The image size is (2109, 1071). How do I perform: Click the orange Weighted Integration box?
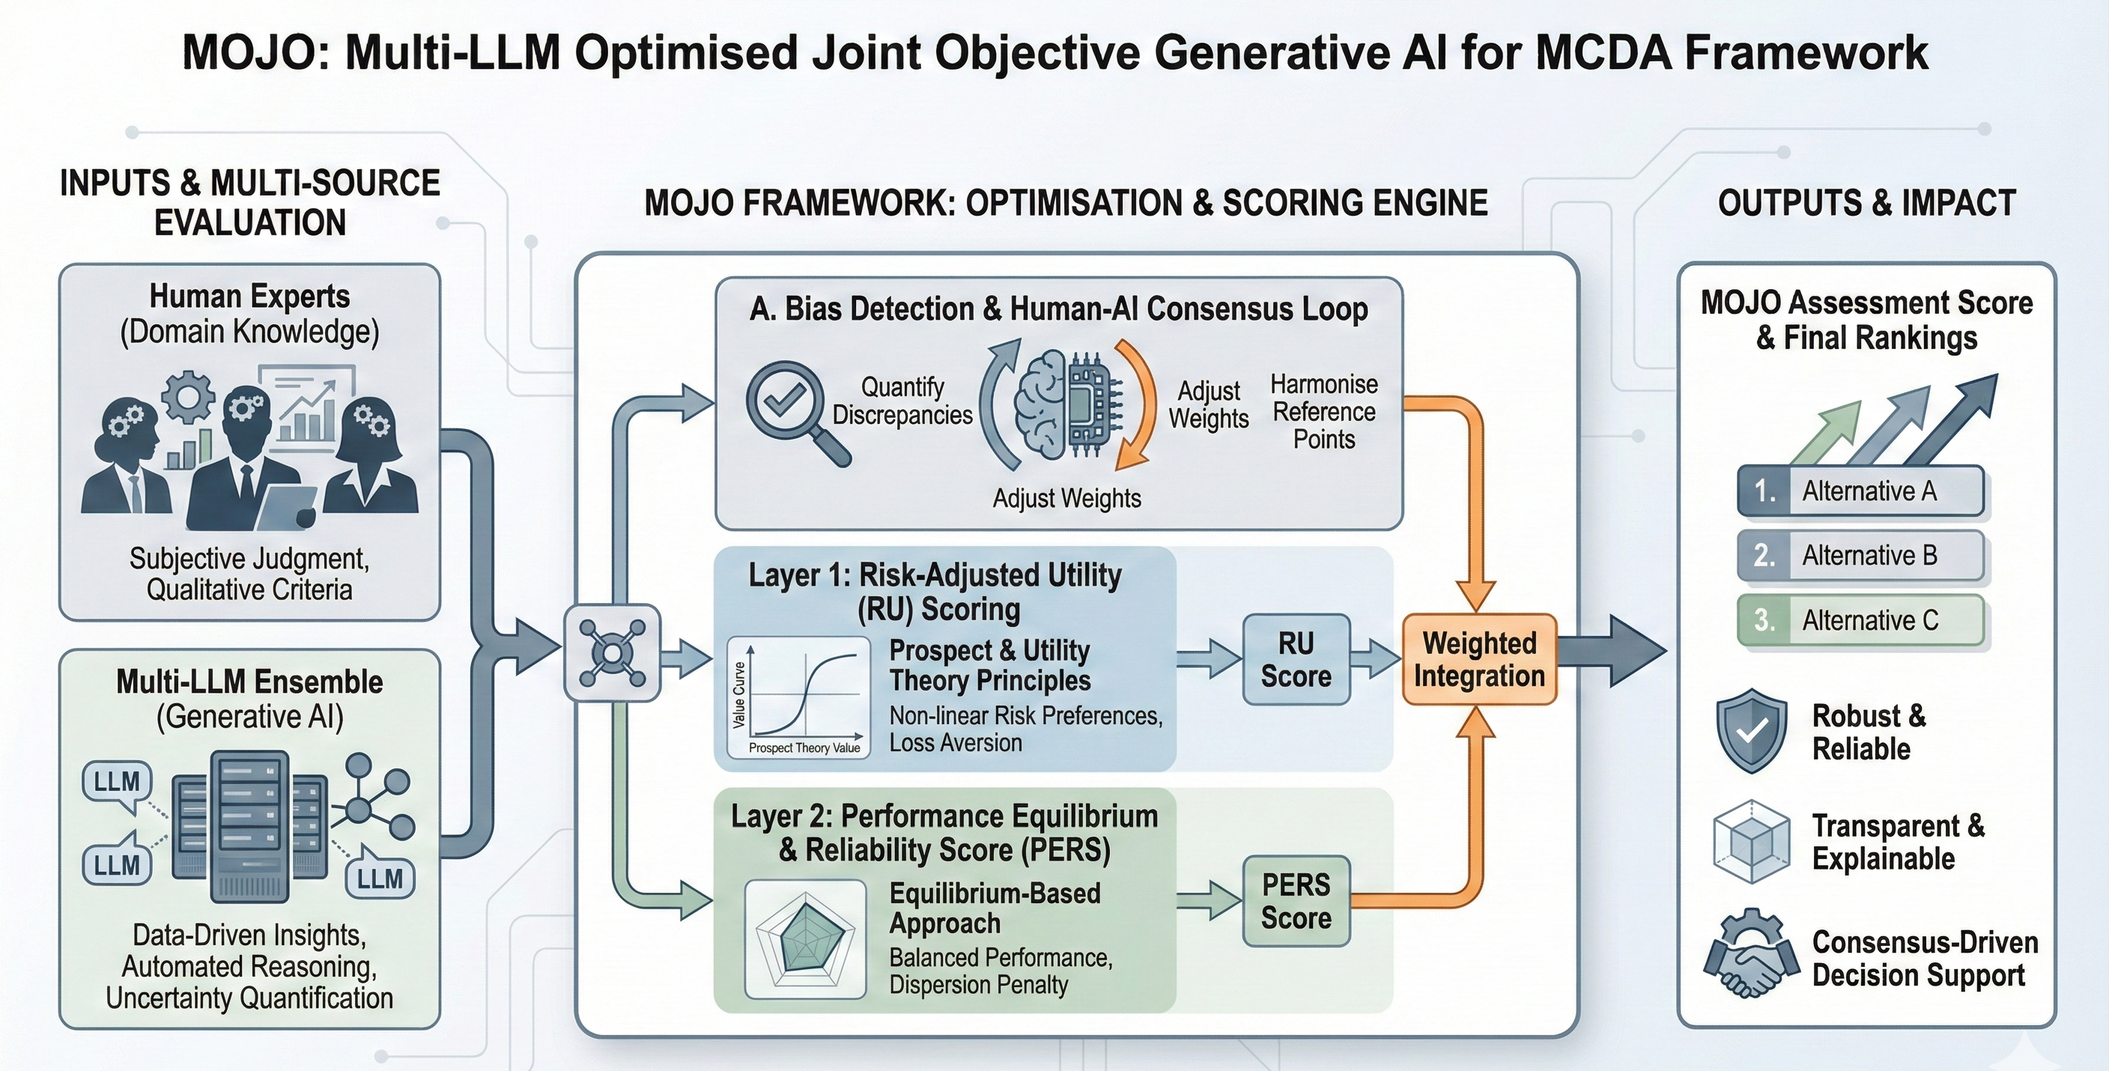(1478, 659)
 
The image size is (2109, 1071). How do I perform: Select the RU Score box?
(1295, 659)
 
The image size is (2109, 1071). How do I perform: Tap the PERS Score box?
(1295, 901)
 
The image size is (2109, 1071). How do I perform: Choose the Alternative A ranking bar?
(1860, 491)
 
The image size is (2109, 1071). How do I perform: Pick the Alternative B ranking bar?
(1860, 555)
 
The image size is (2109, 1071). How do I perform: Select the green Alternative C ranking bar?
(1860, 620)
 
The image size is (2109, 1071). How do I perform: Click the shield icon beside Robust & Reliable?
(1751, 730)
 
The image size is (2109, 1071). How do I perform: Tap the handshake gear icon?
(1750, 954)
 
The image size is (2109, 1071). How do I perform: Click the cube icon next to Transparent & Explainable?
(1751, 841)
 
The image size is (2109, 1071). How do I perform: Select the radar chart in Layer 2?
(806, 938)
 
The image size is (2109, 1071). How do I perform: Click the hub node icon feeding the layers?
(613, 652)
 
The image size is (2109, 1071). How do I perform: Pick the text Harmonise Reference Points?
(1324, 412)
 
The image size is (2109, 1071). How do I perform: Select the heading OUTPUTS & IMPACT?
(1866, 203)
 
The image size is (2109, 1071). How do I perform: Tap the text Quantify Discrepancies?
(902, 401)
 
